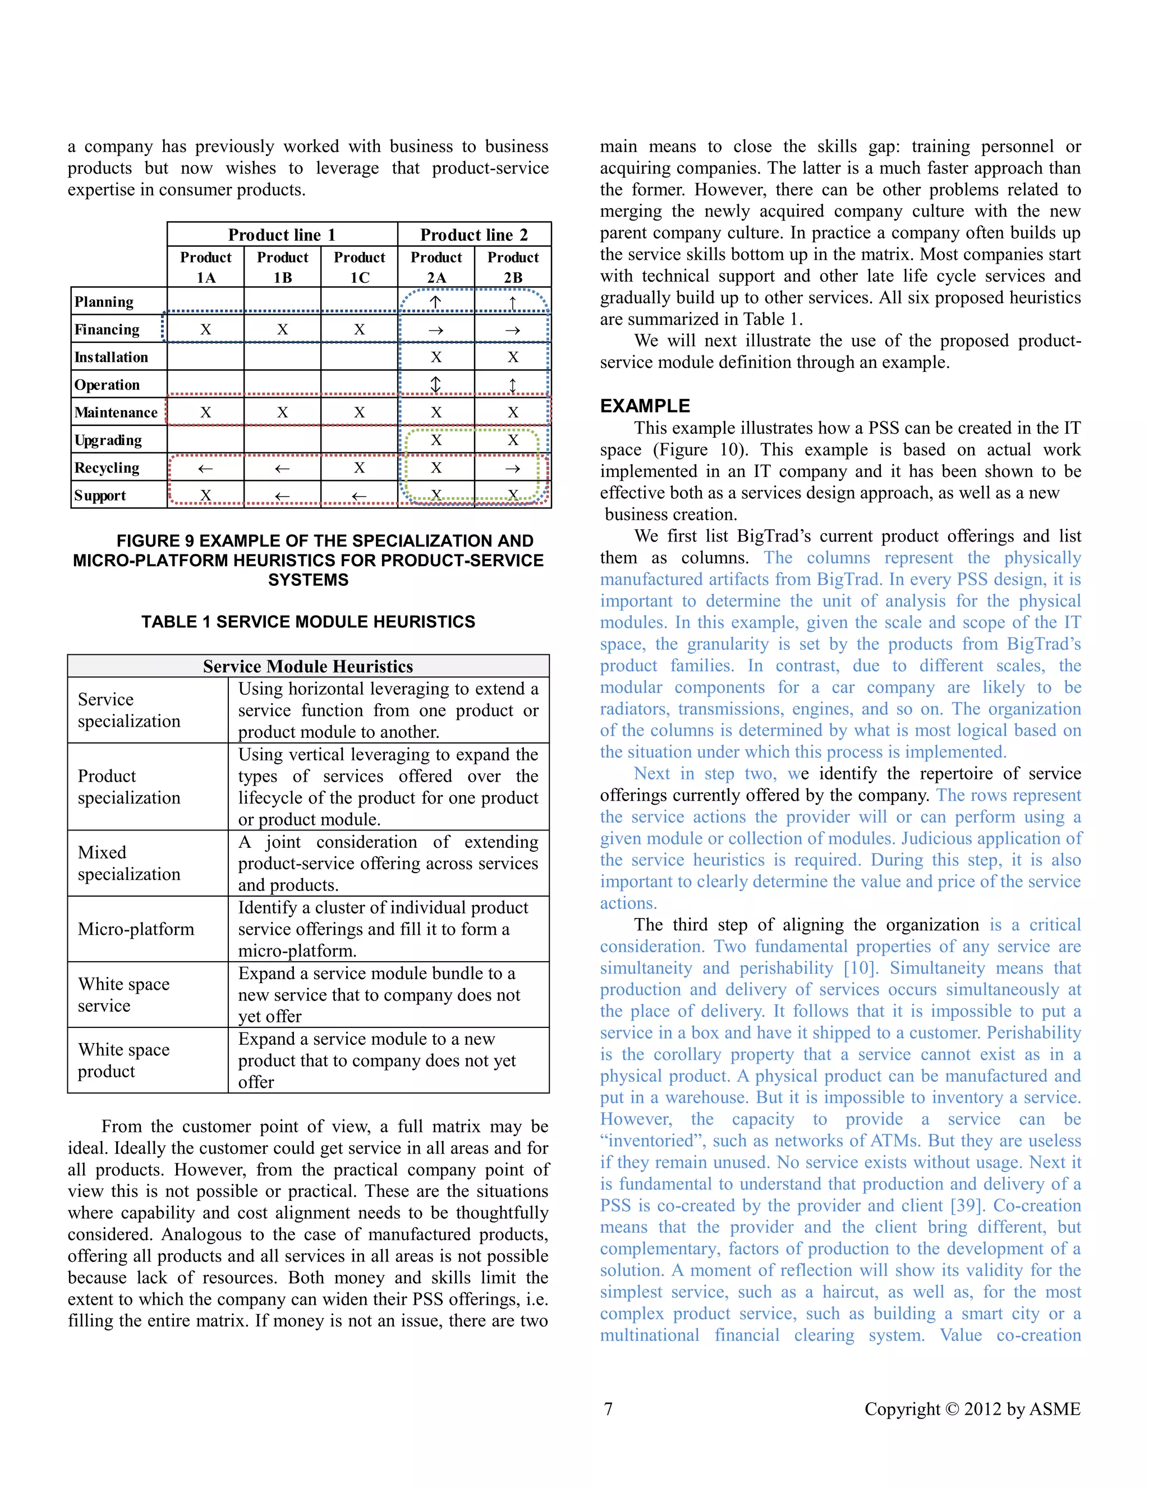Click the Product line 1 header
point(282,235)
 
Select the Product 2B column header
point(513,267)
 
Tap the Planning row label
point(104,302)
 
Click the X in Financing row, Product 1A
point(205,329)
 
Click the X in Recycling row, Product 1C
point(360,468)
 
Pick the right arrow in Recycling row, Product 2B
point(513,469)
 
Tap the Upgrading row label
point(108,440)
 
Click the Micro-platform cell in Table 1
point(136,929)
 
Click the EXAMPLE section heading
point(645,406)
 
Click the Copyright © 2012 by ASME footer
point(972,1408)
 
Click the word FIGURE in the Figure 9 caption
point(148,541)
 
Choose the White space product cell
point(124,1060)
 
